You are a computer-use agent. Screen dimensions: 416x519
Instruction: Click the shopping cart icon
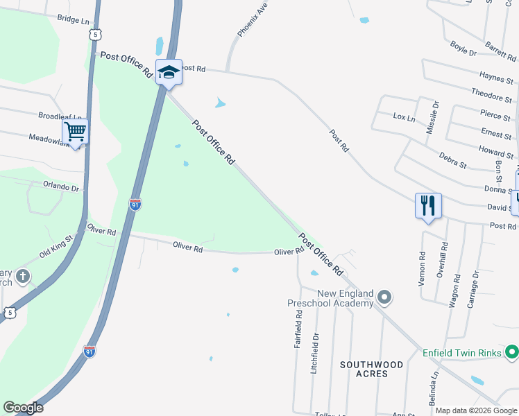(x=75, y=131)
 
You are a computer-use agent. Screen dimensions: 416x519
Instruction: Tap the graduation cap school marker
(x=169, y=72)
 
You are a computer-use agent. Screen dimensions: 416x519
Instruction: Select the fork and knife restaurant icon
(x=428, y=205)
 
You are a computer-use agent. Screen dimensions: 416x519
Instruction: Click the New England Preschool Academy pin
(x=386, y=299)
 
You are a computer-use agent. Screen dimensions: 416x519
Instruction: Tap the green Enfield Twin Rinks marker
(x=512, y=352)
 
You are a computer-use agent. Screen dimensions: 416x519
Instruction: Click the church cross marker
(x=23, y=277)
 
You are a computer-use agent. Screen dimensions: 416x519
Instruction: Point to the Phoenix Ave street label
(x=252, y=19)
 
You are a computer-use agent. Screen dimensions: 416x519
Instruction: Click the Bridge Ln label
(x=74, y=20)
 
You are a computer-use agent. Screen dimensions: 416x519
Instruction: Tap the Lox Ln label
(x=404, y=118)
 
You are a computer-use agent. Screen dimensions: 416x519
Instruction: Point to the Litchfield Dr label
(x=316, y=353)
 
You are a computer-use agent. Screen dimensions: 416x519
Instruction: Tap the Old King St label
(x=56, y=247)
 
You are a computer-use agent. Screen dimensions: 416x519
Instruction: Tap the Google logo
(x=23, y=408)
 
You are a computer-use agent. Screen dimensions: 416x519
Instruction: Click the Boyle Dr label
(x=463, y=48)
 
